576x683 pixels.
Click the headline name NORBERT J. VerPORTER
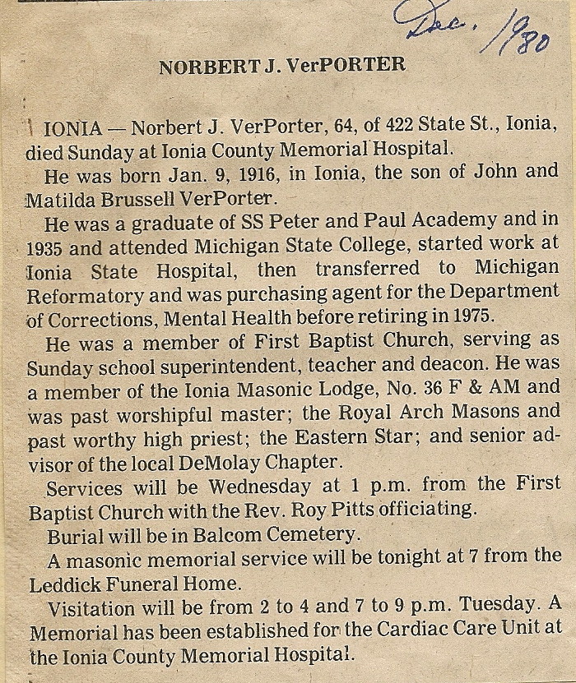point(281,66)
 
